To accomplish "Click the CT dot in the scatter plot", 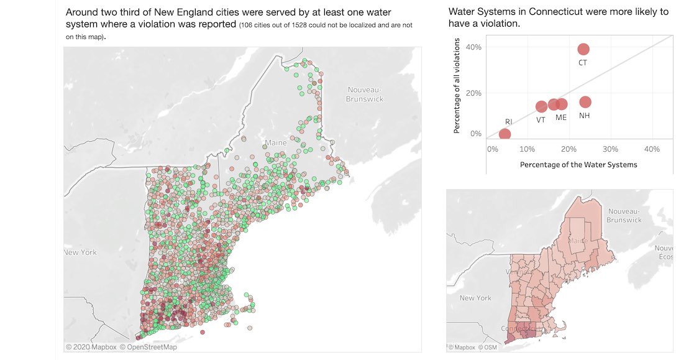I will (583, 49).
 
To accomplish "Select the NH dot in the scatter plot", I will (585, 102).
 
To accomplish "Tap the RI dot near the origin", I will (505, 134).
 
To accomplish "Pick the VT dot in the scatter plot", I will (541, 107).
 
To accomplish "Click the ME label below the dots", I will (561, 118).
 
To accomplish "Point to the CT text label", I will (583, 63).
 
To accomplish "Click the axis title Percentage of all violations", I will (457, 86).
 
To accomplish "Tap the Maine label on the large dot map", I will (276, 143).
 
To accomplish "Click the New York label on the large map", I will (80, 252).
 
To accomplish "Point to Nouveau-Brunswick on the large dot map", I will (365, 94).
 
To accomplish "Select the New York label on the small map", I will (475, 298).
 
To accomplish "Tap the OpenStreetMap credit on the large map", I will (148, 347).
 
